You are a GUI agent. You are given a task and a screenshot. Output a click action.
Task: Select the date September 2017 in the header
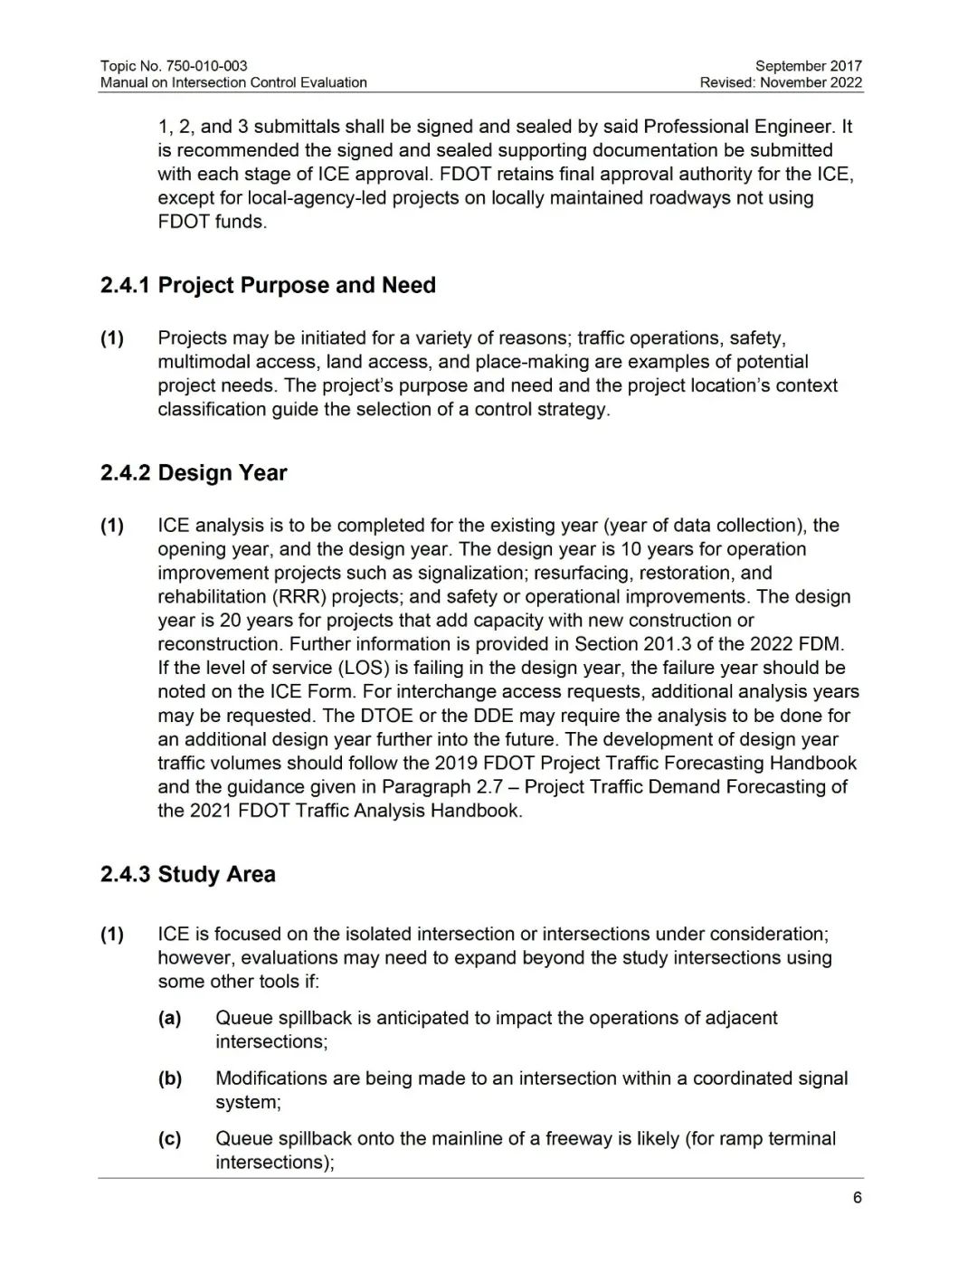(808, 66)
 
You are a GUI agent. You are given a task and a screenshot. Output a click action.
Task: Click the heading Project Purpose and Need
(297, 286)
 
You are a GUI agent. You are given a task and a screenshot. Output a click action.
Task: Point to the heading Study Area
(216, 875)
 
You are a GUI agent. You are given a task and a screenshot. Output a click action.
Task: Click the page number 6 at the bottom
(857, 1198)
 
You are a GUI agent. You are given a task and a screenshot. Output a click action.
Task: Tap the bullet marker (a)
(170, 1018)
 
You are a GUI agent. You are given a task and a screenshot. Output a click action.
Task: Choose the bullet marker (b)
(170, 1079)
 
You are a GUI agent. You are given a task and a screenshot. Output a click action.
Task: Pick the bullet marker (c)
(170, 1139)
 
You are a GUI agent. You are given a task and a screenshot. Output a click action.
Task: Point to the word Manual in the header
(123, 82)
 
